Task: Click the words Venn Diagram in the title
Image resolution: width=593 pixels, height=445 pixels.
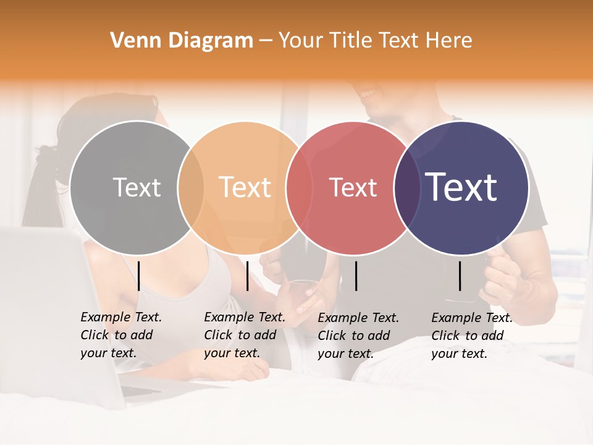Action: point(182,41)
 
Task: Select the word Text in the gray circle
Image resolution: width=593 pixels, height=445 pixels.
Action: point(137,187)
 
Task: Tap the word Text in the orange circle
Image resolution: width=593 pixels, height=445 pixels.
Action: point(245,187)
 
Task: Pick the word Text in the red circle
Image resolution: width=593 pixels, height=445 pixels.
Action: point(353,187)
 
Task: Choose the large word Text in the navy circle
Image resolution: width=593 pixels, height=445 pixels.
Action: point(461,187)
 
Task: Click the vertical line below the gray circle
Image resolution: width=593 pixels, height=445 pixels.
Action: point(139,276)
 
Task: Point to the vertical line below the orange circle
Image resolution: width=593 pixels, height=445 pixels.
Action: point(247,276)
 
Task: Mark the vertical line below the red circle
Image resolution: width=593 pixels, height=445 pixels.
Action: point(356,276)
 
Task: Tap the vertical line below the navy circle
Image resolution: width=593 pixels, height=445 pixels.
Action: point(460,276)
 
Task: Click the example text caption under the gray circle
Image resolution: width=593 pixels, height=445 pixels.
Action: point(120,335)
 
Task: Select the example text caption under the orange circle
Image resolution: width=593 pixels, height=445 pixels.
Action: point(244,335)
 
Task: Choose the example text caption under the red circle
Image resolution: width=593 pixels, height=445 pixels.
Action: point(358,336)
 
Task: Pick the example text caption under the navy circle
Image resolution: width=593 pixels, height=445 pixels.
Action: point(471,336)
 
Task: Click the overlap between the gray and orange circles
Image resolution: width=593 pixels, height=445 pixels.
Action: point(191,187)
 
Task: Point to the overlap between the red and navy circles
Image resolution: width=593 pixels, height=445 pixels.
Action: point(406,187)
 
